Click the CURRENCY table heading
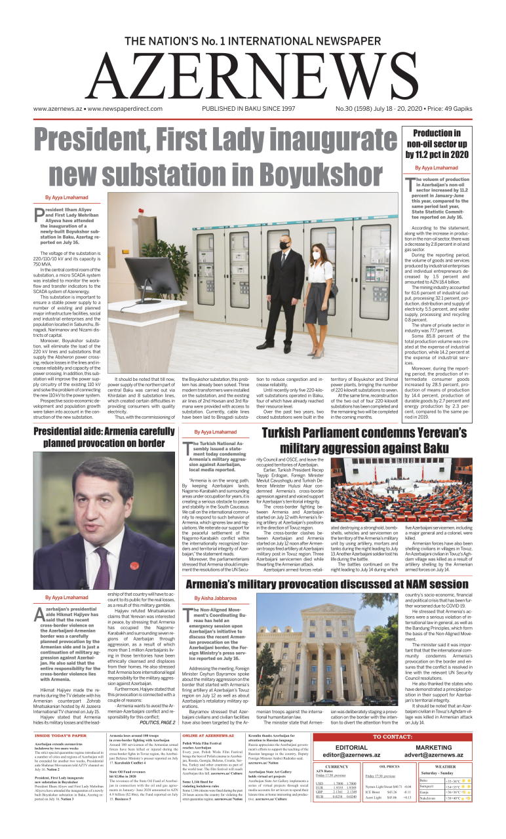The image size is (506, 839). [337, 766]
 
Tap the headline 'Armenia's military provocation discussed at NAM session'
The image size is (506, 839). [327, 584]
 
